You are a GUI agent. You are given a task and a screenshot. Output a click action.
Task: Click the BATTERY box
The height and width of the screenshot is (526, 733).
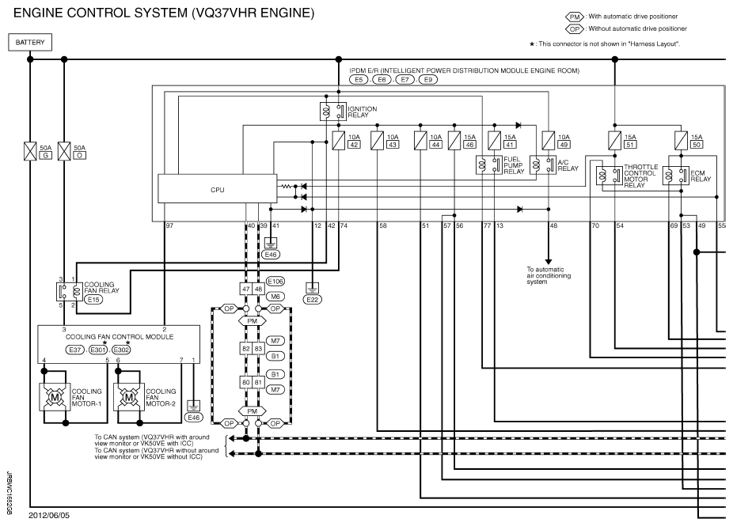tap(30, 43)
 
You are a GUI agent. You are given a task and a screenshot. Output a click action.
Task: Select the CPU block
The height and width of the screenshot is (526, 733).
tap(218, 189)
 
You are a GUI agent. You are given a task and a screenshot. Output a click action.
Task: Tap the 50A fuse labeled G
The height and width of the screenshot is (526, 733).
tap(30, 151)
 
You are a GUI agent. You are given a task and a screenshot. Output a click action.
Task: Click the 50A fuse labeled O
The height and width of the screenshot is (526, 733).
tap(64, 151)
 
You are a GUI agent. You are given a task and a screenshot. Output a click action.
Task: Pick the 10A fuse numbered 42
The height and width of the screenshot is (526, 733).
tap(339, 141)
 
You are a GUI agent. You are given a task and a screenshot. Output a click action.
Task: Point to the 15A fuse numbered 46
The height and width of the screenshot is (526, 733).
tap(454, 141)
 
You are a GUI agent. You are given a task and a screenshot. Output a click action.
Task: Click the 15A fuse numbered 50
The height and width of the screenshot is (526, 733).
tap(681, 140)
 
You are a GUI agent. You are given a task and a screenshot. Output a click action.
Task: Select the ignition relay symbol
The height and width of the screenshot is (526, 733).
tap(332, 112)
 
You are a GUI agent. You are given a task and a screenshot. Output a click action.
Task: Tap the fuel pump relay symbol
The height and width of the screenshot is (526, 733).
tap(489, 165)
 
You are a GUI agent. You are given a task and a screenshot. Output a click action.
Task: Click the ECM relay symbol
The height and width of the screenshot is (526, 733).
tap(675, 176)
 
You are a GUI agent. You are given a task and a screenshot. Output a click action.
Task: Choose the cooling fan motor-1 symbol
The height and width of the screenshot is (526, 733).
tap(55, 398)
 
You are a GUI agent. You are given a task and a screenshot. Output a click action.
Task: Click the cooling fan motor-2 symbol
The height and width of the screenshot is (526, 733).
tap(128, 398)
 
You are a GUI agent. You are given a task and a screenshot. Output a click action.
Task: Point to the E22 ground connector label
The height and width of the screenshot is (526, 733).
tap(312, 300)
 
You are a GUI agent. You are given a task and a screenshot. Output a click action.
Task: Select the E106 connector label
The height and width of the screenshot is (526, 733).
tap(275, 282)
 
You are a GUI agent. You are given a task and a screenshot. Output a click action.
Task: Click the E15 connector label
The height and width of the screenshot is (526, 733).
tap(93, 300)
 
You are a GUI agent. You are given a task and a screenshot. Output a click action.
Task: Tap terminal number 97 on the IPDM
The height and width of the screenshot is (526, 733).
tap(169, 225)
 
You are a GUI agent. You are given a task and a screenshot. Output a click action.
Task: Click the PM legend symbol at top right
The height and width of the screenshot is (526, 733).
tap(575, 17)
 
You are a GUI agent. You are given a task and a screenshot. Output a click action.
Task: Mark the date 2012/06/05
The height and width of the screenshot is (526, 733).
tap(49, 515)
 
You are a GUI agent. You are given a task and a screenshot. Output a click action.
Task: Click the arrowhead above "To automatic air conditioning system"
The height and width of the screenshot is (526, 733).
tap(549, 262)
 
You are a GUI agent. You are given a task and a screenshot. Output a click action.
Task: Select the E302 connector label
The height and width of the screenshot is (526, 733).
tap(121, 350)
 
